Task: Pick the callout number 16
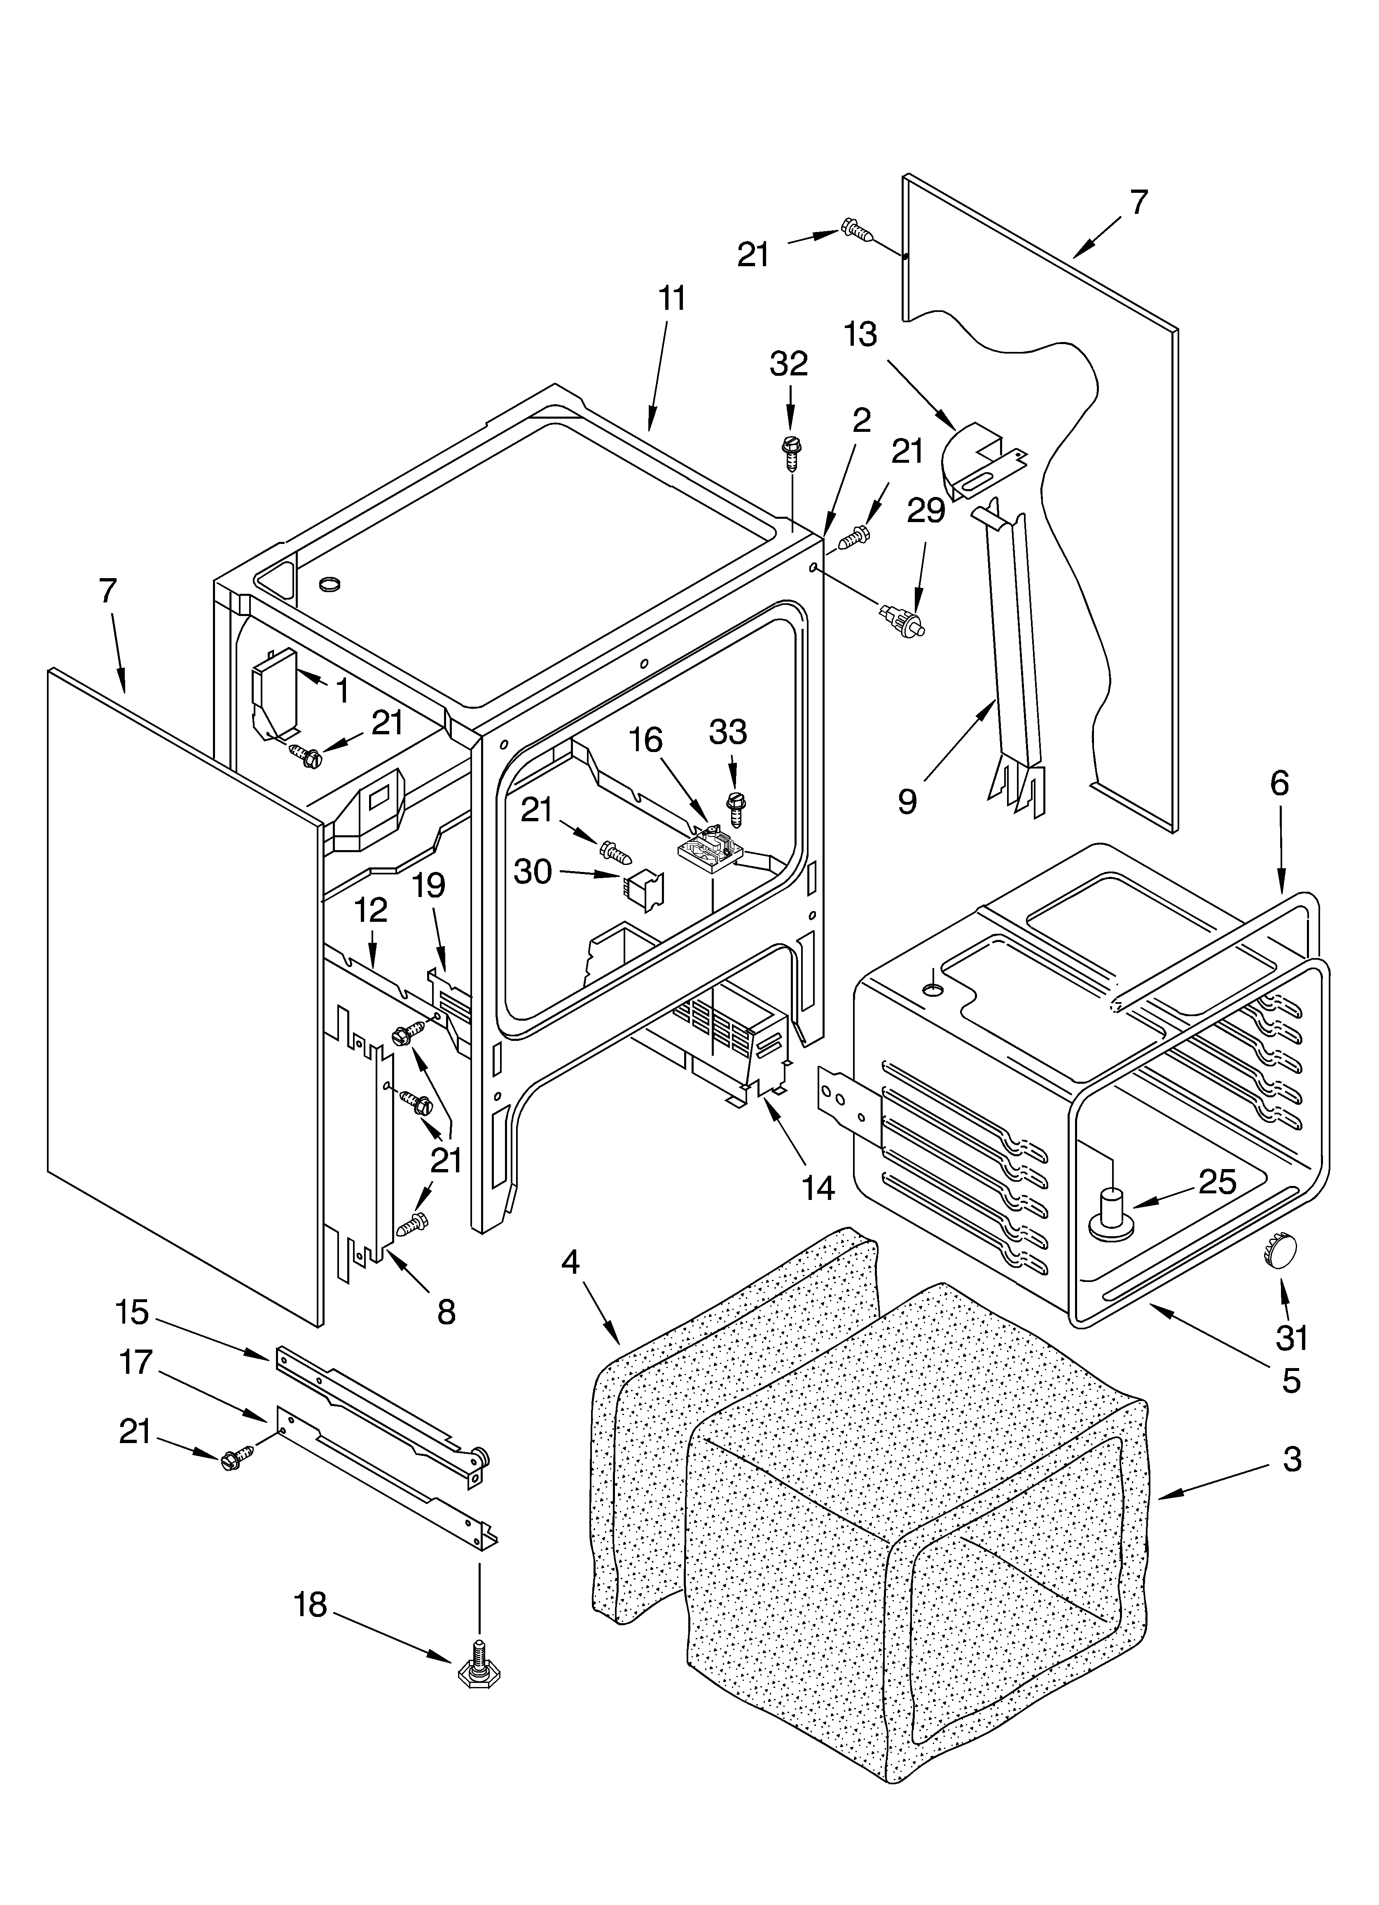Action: [646, 740]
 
